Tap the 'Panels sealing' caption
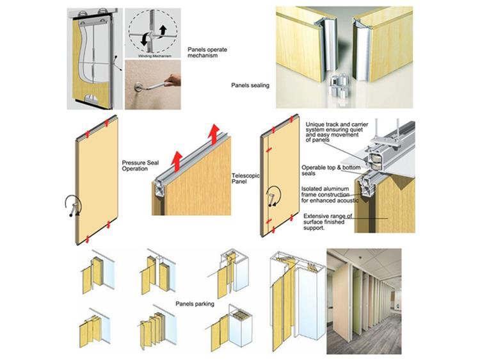250,85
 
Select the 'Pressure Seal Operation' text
140,167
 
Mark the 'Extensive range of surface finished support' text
333,221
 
